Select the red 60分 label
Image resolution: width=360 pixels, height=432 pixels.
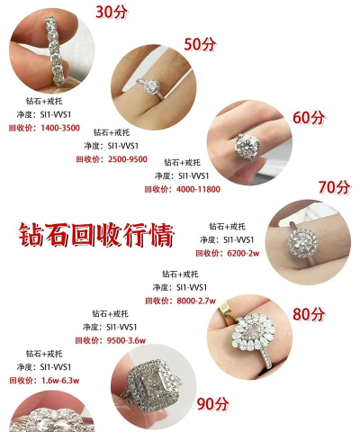click(307, 117)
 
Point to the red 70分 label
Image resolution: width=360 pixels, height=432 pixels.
click(333, 186)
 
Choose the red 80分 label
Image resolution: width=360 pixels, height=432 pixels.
click(308, 314)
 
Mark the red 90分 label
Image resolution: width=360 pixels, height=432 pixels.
click(213, 403)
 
